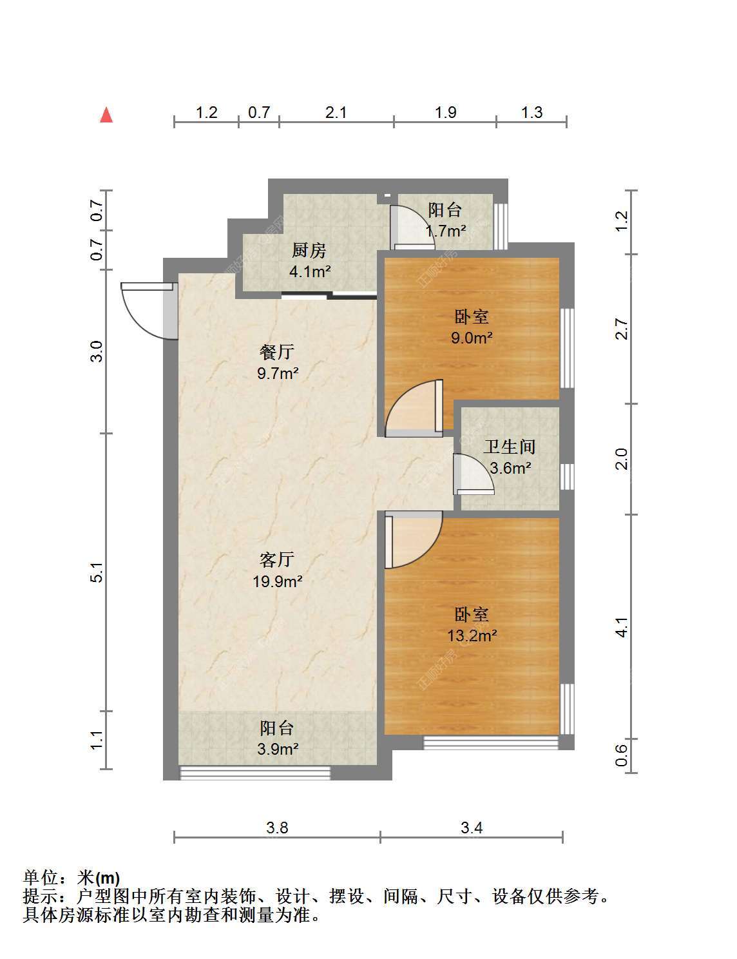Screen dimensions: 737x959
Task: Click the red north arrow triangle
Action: [x=106, y=115]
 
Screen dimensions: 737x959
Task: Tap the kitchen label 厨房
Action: [x=309, y=251]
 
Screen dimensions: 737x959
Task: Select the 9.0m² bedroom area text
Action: [x=472, y=338]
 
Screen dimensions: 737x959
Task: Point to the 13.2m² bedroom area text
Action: [x=472, y=636]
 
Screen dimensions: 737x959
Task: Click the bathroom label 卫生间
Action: [x=510, y=447]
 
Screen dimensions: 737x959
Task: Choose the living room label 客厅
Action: [x=276, y=559]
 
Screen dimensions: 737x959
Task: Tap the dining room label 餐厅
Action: [x=276, y=352]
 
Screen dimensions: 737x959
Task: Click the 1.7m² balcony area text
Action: [x=445, y=230]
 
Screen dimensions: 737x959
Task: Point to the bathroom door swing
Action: [x=474, y=474]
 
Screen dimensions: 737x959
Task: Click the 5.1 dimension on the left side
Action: [x=97, y=572]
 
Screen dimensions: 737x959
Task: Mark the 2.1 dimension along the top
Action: [x=336, y=113]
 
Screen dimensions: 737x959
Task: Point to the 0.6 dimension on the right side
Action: [x=621, y=755]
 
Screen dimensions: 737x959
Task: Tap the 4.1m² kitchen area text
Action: [x=310, y=271]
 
